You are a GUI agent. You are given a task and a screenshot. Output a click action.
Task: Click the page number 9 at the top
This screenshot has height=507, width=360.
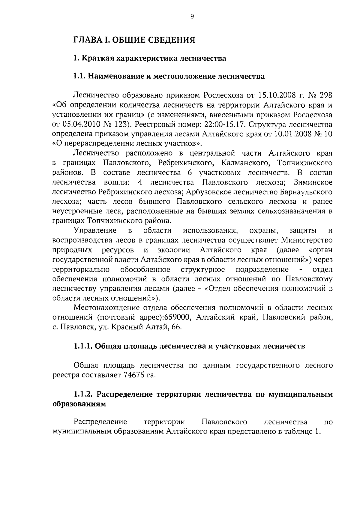click(192, 17)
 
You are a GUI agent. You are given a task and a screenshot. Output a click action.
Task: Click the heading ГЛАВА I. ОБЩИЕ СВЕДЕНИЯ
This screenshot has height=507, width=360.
click(135, 40)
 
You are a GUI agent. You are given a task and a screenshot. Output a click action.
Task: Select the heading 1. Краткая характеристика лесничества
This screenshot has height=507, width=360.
click(150, 58)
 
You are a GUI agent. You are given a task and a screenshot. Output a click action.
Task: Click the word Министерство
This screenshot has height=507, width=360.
click(307, 240)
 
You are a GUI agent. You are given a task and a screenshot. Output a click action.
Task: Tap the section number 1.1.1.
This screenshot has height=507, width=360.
click(83, 346)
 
